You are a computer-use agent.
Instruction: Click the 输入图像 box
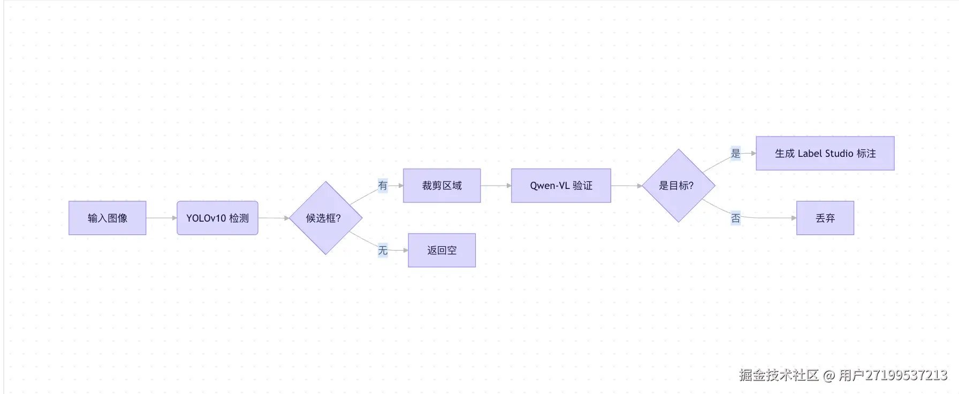click(107, 218)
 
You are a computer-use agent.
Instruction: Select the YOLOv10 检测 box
click(217, 218)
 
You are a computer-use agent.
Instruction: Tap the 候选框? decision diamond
click(325, 218)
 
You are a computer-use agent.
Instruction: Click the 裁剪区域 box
click(442, 186)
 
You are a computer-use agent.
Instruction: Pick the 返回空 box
click(442, 250)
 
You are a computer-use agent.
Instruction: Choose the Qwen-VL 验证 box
click(561, 186)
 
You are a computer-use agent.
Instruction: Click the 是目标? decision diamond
click(678, 186)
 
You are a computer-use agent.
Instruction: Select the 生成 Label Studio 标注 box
click(825, 154)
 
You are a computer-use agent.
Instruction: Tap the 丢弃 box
click(825, 218)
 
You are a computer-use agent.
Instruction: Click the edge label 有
click(383, 186)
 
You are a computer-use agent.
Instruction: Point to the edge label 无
click(383, 250)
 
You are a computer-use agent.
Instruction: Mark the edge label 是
click(736, 154)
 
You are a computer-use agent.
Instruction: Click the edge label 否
click(736, 218)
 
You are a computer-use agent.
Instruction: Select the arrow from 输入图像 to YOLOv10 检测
click(161, 218)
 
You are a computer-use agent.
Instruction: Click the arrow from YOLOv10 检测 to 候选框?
click(273, 218)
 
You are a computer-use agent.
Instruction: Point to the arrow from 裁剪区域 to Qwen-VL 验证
click(496, 186)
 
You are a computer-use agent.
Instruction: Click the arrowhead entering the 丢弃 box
click(794, 218)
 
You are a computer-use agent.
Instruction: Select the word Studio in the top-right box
click(839, 154)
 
